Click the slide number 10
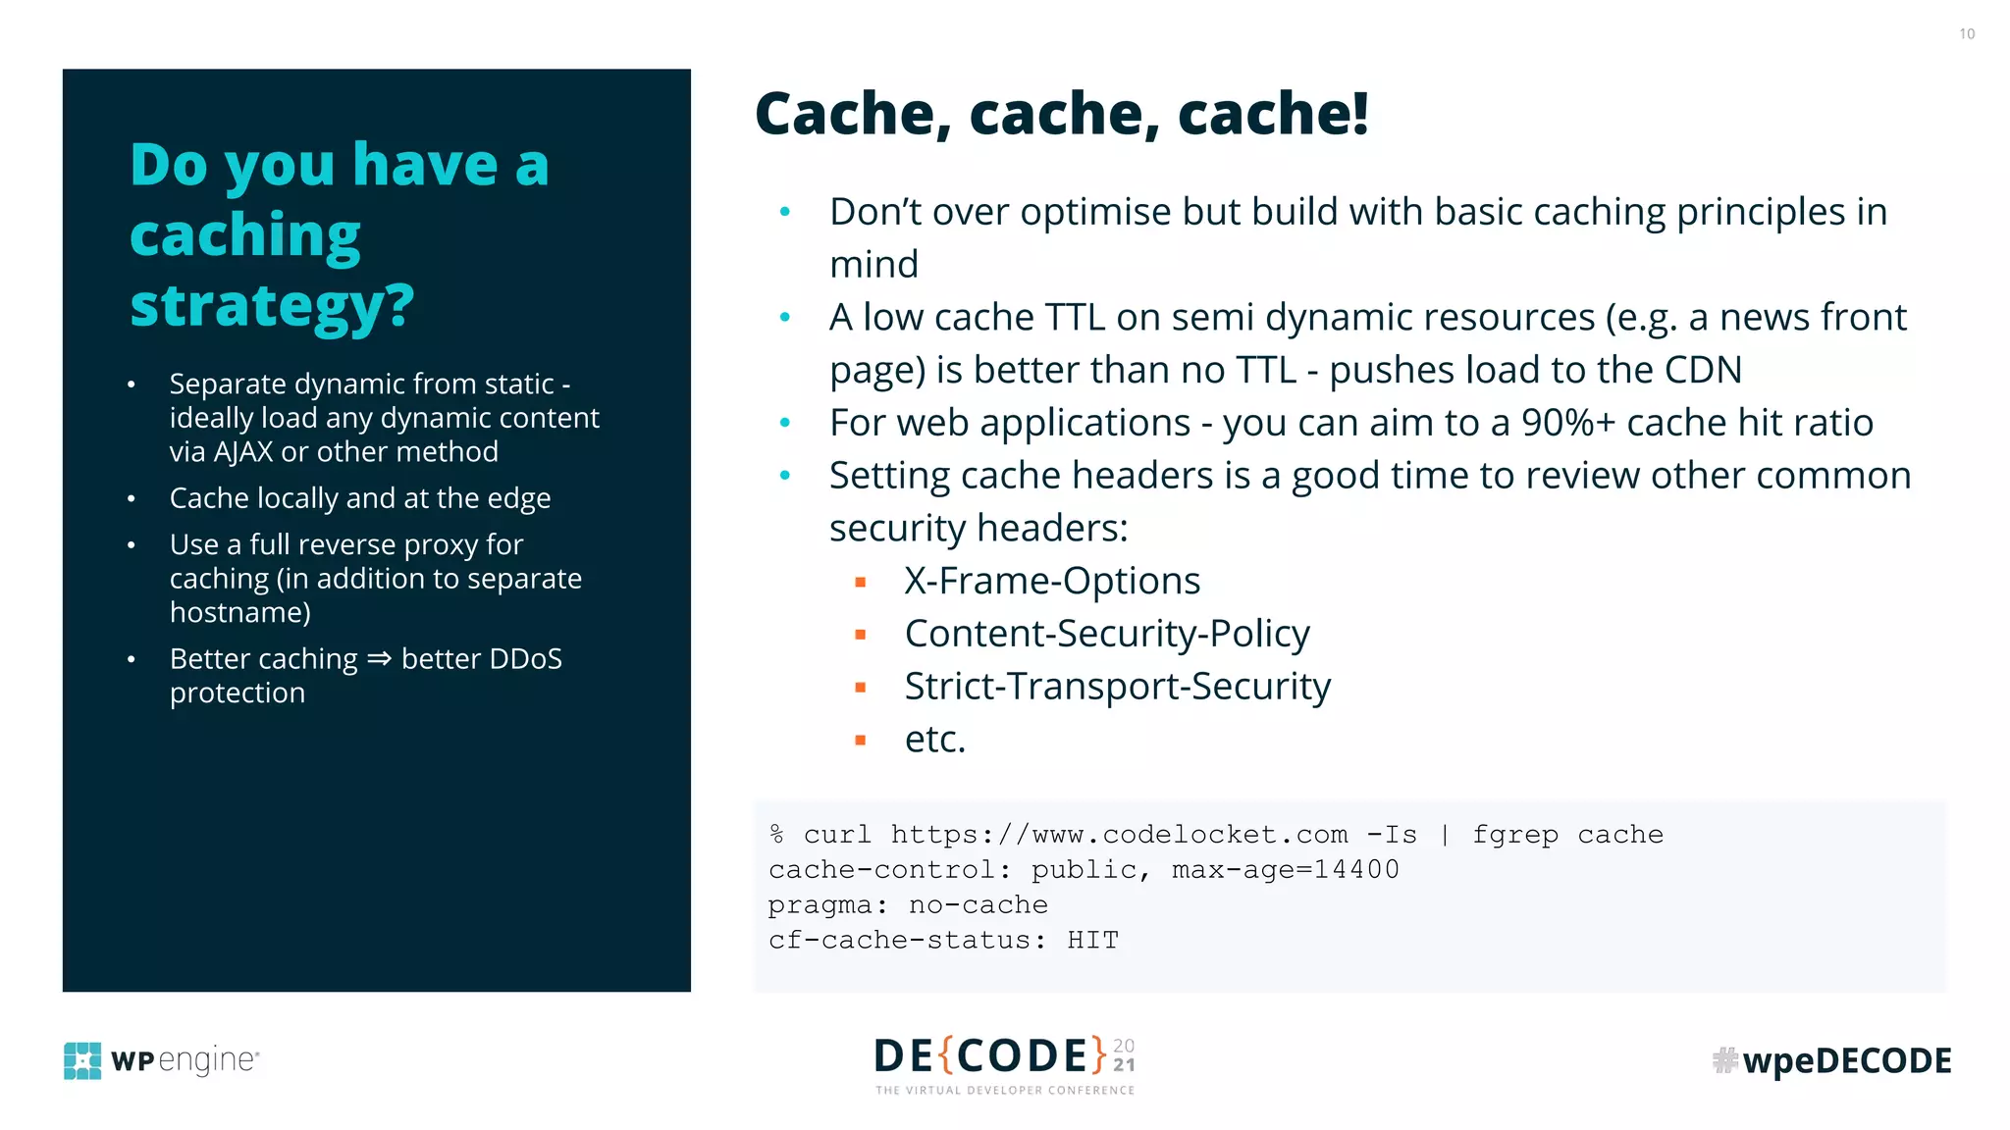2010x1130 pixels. click(1967, 34)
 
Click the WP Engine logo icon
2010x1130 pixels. click(82, 1060)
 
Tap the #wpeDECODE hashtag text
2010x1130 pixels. click(1832, 1060)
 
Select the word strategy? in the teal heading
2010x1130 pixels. click(272, 306)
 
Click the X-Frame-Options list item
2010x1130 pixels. click(1052, 581)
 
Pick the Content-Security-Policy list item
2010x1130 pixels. click(1107, 634)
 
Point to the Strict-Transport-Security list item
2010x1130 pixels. click(1117, 687)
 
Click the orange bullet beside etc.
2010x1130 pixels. click(861, 741)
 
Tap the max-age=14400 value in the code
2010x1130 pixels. click(1286, 870)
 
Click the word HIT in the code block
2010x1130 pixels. click(1092, 941)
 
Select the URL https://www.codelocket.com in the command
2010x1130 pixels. click(1119, 835)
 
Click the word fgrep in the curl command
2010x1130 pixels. click(1514, 835)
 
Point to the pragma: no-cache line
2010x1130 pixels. click(908, 905)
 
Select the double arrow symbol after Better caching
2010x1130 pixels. click(379, 659)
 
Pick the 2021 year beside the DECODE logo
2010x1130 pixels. click(1124, 1055)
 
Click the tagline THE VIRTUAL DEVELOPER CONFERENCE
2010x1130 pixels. click(1005, 1091)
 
